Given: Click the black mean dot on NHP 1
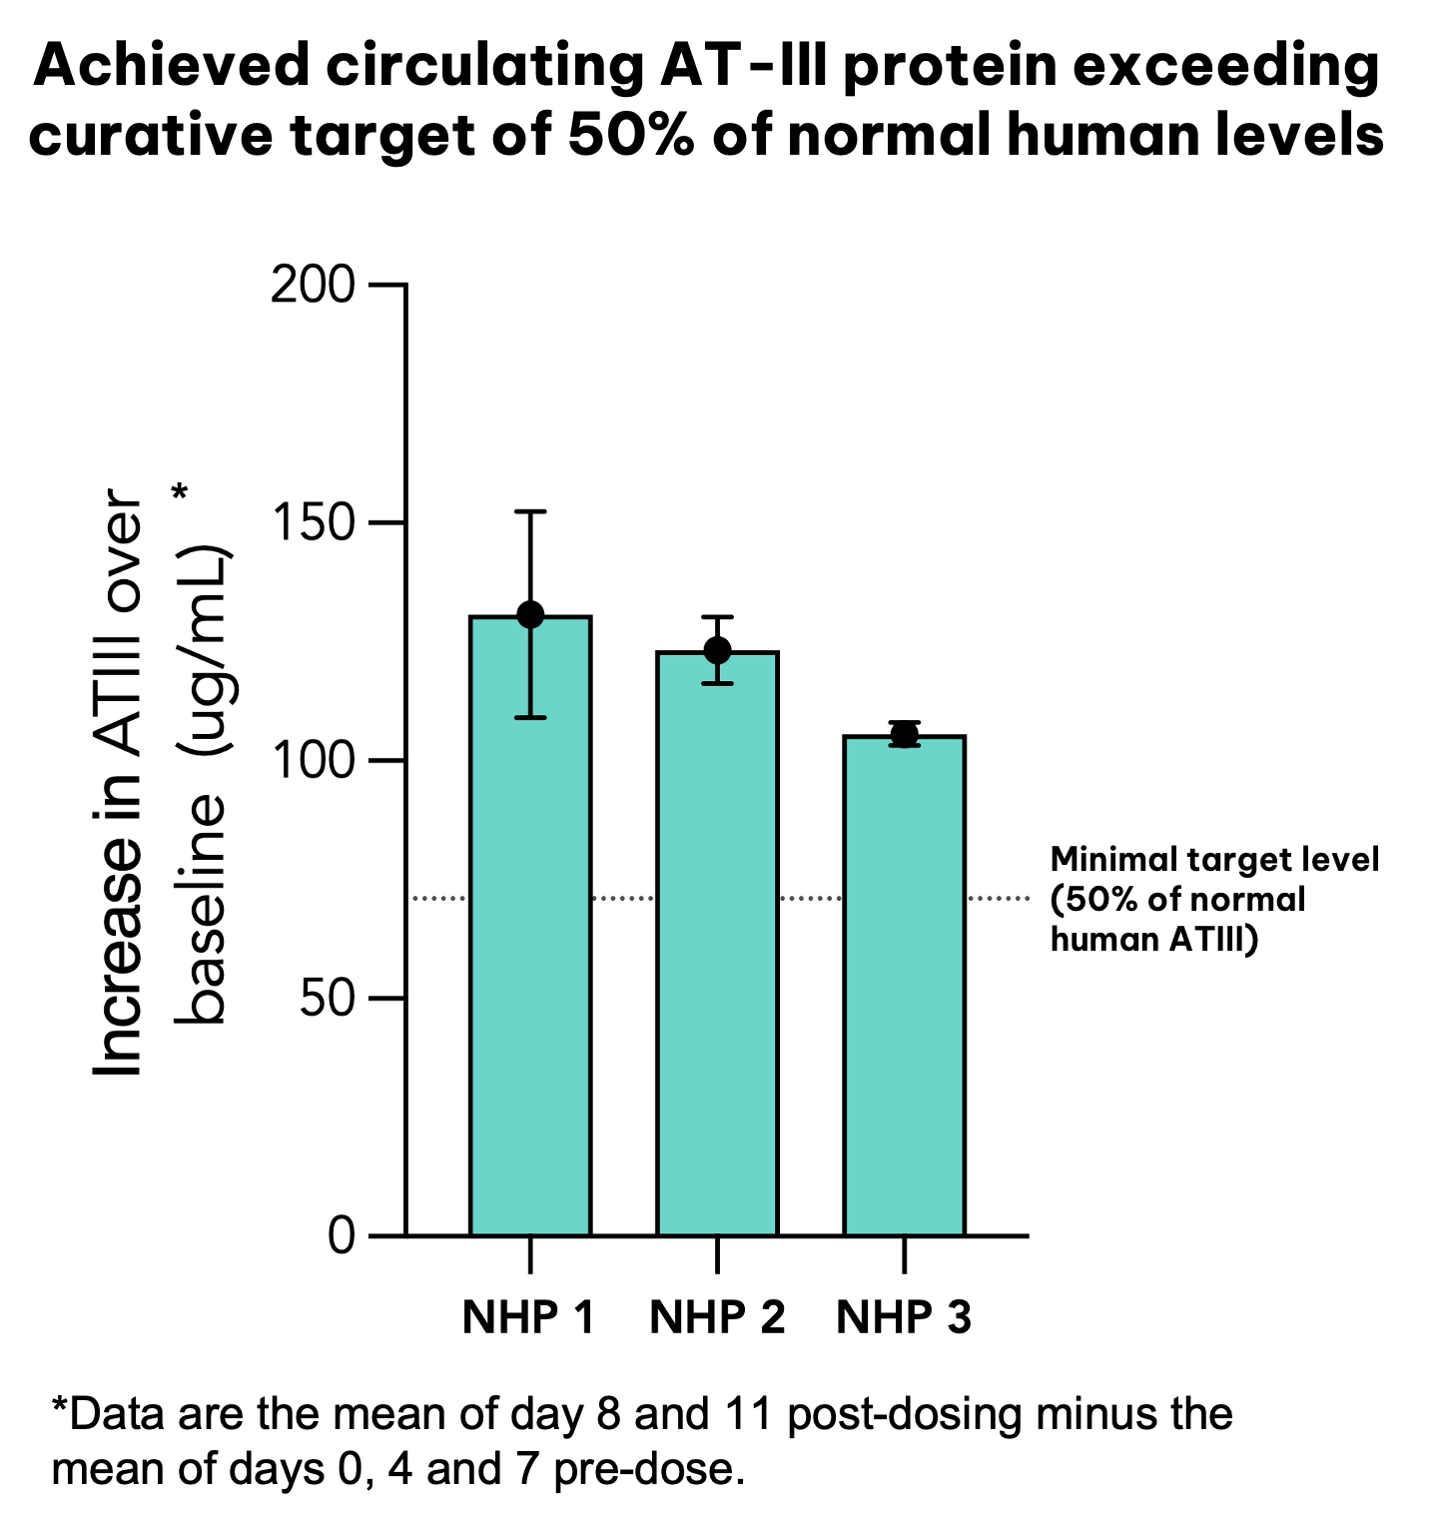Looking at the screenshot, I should pos(530,615).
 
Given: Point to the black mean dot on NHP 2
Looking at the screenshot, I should pos(717,650).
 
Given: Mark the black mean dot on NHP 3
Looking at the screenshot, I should pos(904,735).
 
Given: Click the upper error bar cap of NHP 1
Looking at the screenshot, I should pos(530,511).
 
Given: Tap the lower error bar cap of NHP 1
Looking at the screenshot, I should pos(530,717).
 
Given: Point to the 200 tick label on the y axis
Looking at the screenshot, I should pos(313,286).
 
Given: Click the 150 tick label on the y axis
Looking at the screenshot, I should pos(313,523).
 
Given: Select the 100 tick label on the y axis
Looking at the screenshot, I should pos(313,761).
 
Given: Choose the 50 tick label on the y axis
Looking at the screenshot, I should pos(327,999).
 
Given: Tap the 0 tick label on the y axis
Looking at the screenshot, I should pos(342,1236).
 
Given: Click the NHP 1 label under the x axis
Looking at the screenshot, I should pos(528,1317).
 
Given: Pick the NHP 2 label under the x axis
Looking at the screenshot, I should pos(717,1317).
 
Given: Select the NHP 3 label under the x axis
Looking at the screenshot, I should pos(904,1317).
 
